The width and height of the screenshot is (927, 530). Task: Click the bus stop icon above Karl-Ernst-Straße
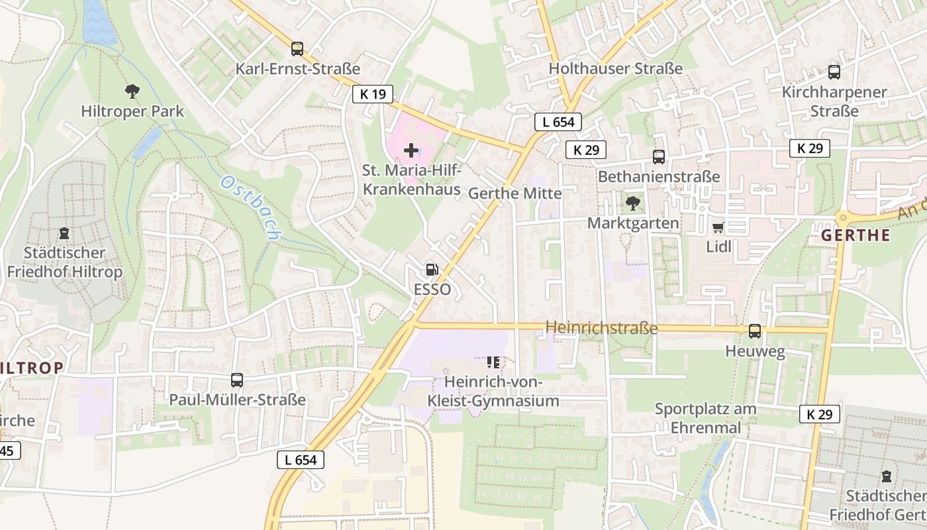[297, 48]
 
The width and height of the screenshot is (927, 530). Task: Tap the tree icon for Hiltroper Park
[132, 91]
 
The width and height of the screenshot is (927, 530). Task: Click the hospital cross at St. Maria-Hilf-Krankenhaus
[411, 150]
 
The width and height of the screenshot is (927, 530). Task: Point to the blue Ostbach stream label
[252, 208]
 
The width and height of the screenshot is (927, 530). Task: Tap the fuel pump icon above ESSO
[432, 269]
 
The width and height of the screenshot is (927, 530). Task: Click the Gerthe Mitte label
[514, 193]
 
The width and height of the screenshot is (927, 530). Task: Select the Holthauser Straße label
[615, 68]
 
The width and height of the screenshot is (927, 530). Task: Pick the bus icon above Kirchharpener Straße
[834, 72]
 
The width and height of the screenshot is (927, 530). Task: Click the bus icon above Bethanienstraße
[659, 157]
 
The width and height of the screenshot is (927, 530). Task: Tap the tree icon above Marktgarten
[633, 203]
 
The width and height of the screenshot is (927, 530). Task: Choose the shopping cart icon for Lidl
[718, 228]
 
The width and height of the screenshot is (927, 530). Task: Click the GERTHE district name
[855, 235]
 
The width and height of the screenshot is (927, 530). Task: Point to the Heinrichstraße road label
[601, 328]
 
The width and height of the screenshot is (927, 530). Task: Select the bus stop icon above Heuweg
[755, 331]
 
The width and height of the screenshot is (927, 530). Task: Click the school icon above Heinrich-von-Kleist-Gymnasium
[493, 362]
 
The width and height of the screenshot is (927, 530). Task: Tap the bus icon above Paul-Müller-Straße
[237, 380]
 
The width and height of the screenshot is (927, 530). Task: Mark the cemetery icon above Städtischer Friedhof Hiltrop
[64, 233]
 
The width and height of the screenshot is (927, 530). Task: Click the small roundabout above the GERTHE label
[843, 217]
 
